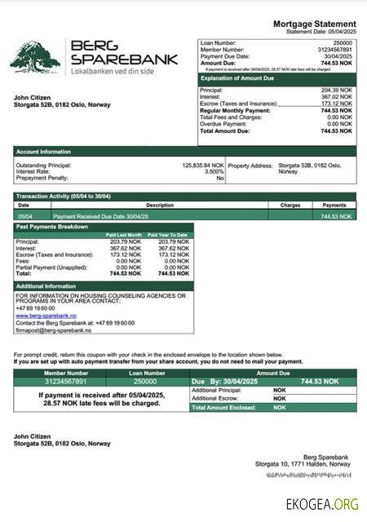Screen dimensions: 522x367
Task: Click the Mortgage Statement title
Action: click(x=314, y=25)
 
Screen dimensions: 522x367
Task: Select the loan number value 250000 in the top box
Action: click(x=343, y=42)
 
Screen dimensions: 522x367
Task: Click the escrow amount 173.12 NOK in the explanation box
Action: click(x=338, y=104)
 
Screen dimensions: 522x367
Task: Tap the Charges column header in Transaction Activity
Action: click(x=290, y=206)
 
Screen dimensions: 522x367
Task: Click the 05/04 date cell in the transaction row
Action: click(x=24, y=216)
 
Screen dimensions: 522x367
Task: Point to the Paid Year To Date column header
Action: click(x=168, y=235)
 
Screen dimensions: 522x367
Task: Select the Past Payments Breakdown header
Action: click(x=52, y=226)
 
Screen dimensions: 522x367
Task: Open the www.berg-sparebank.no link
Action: click(x=46, y=316)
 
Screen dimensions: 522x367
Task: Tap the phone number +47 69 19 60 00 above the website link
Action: click(x=35, y=308)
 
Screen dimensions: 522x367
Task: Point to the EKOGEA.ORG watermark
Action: click(x=322, y=503)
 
